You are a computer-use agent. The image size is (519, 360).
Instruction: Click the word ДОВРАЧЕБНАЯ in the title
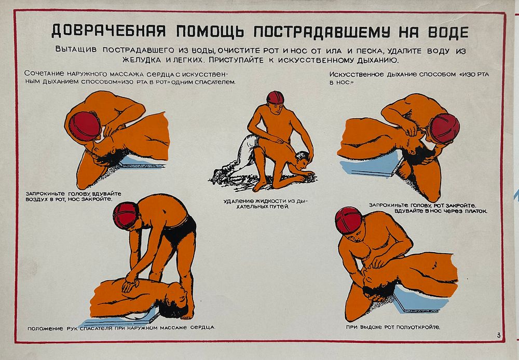(108, 32)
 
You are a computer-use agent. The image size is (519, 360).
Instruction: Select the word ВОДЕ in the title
(448, 32)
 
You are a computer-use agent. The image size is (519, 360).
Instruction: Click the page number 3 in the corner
(498, 336)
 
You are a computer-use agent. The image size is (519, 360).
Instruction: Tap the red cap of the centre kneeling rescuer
(275, 98)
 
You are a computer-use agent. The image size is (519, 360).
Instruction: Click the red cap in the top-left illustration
(84, 126)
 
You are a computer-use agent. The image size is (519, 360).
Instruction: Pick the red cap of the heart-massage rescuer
(125, 215)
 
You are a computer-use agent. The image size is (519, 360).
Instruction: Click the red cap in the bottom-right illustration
(348, 220)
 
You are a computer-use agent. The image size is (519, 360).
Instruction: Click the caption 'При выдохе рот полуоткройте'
(393, 327)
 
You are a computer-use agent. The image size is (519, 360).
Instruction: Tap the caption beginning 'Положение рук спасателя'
(121, 328)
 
